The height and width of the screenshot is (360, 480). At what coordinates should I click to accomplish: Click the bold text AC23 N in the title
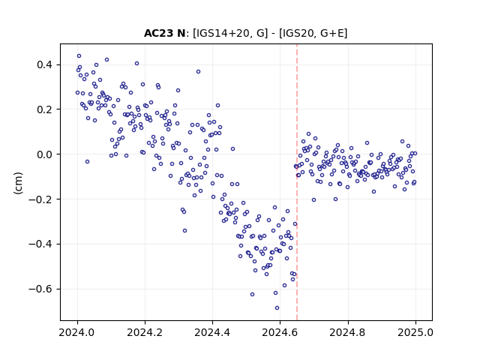(x=164, y=33)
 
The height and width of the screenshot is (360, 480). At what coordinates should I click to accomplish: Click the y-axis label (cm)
(x=18, y=183)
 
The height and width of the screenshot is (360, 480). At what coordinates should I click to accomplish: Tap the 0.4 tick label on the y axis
(x=44, y=65)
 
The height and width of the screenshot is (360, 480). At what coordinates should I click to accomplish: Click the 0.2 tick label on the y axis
(x=44, y=109)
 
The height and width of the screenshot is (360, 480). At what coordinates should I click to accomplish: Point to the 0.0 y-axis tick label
(x=44, y=154)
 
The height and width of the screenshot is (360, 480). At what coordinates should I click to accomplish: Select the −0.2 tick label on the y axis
(x=40, y=199)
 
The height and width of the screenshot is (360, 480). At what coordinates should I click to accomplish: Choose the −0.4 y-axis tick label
(x=40, y=244)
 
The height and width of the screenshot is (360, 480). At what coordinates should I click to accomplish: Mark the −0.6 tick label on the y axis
(x=40, y=289)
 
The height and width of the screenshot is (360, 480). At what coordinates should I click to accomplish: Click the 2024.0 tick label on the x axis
(x=77, y=332)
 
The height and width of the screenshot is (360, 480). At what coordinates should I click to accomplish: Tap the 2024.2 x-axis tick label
(x=145, y=332)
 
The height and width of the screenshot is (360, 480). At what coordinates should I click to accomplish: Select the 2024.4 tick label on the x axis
(x=212, y=332)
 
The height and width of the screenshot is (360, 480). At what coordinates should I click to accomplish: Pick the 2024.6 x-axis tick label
(x=280, y=332)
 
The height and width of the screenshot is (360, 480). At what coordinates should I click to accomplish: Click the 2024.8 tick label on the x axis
(x=348, y=332)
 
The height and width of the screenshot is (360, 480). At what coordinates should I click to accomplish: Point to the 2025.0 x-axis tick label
(x=415, y=332)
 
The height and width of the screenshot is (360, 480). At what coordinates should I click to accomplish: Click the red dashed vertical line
(x=297, y=182)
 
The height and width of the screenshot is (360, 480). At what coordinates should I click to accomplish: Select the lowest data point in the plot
(x=277, y=308)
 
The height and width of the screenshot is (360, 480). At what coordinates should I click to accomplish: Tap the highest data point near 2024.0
(x=79, y=56)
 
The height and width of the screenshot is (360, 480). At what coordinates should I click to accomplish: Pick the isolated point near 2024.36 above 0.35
(x=198, y=72)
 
